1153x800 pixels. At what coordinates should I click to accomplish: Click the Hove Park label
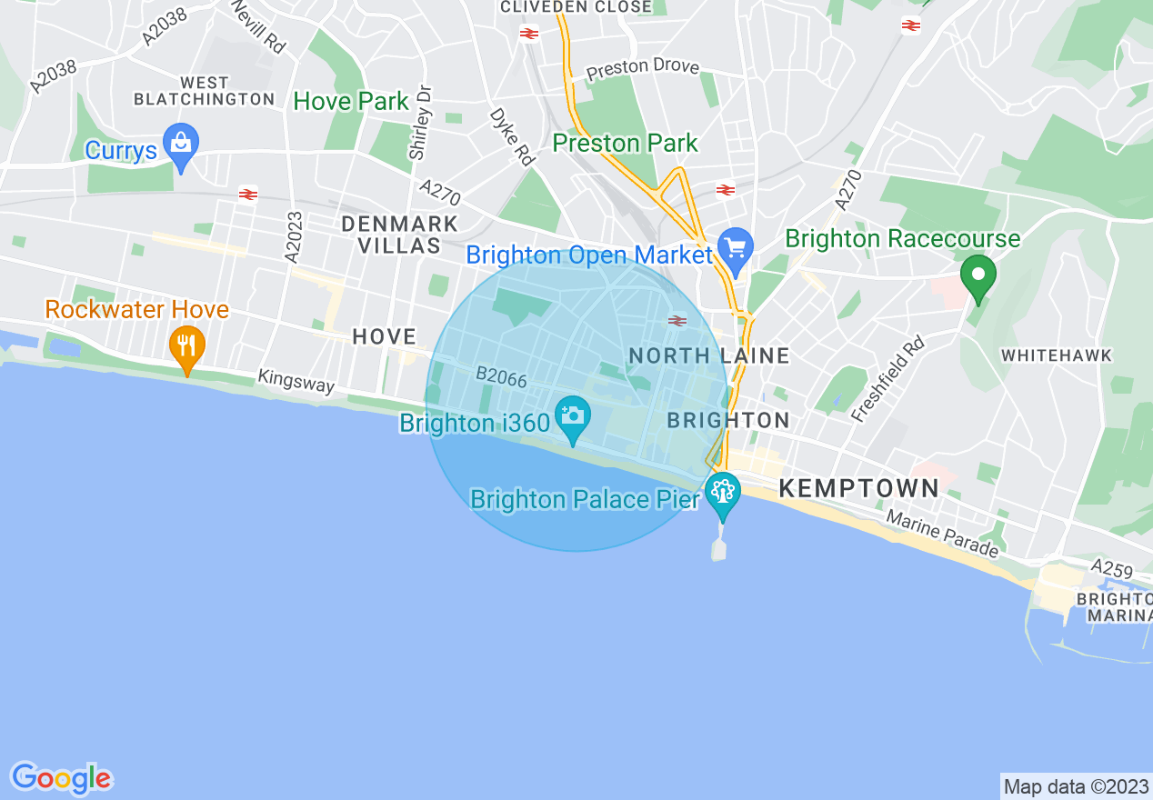(x=351, y=101)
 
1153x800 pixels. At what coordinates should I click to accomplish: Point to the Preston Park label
(x=626, y=143)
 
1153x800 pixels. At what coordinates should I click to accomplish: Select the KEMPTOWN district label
(x=859, y=488)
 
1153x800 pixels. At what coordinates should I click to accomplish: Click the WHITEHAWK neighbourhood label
(x=1057, y=355)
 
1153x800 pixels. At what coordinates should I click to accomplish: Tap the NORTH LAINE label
(x=709, y=355)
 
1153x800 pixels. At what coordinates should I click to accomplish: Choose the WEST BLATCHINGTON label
(x=204, y=91)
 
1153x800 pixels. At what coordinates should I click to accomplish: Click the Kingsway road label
(x=296, y=380)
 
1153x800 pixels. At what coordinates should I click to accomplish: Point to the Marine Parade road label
(x=943, y=534)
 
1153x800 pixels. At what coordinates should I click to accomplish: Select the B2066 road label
(x=502, y=377)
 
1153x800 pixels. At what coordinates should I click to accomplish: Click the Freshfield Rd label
(x=888, y=378)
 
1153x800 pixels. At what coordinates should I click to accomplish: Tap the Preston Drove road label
(x=643, y=67)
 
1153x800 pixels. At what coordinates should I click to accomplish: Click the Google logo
(x=62, y=778)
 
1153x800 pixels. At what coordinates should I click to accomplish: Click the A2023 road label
(x=293, y=238)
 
